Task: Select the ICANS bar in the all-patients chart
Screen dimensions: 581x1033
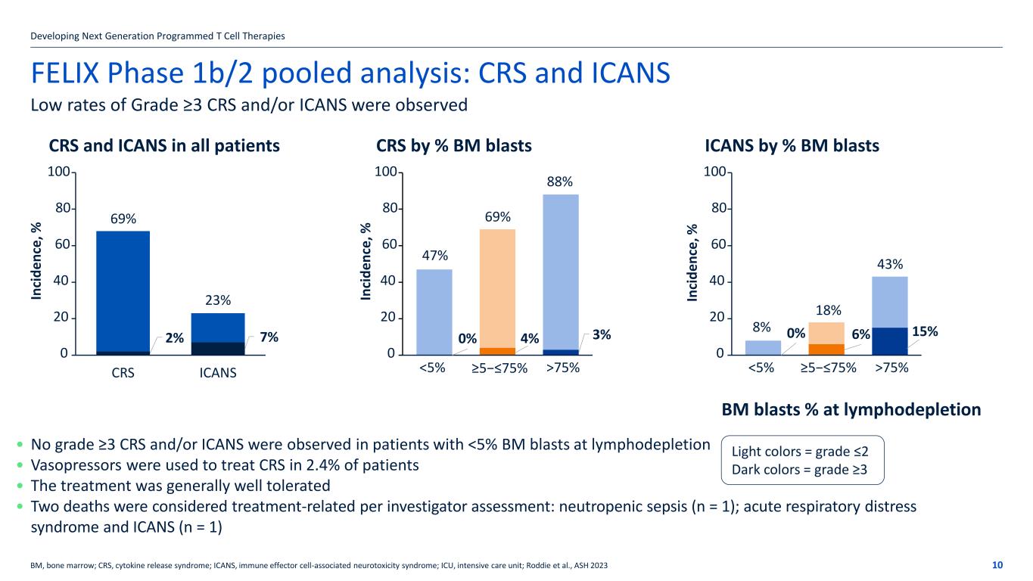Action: (218, 333)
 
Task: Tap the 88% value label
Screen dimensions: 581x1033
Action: (560, 182)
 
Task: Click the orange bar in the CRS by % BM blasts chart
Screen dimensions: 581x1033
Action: (497, 287)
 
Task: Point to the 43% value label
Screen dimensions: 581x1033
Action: (889, 264)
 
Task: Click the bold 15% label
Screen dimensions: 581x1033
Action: (926, 331)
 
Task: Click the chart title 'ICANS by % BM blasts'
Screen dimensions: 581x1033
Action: (792, 145)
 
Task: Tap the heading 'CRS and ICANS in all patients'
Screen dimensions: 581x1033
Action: (164, 145)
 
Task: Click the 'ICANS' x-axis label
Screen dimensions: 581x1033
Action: (218, 372)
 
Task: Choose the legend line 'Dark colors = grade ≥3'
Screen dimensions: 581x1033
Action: (799, 470)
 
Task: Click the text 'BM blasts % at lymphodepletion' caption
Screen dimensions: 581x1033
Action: (851, 410)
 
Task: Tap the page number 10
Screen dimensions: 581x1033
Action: (997, 565)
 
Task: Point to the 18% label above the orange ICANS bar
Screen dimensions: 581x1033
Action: (826, 310)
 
